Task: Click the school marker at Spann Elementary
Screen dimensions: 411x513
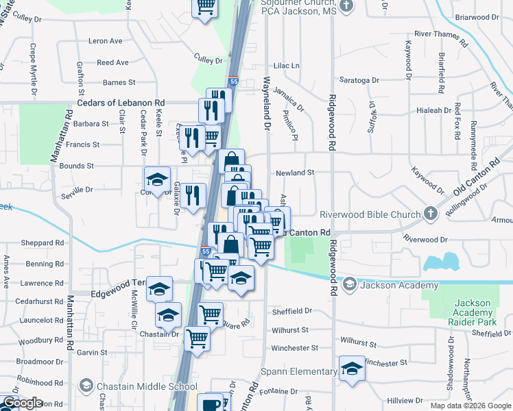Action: tap(352, 369)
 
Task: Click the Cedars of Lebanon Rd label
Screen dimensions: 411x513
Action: tap(121, 103)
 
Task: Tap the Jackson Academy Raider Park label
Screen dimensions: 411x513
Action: tap(472, 312)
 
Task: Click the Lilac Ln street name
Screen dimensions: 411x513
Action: tap(287, 66)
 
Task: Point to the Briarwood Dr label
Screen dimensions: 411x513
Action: tap(485, 16)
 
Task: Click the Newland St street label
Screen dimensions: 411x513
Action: tap(294, 173)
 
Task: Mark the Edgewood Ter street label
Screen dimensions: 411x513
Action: tap(118, 292)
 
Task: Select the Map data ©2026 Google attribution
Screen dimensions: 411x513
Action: tap(470, 406)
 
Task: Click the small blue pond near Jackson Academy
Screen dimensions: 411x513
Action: tap(442, 262)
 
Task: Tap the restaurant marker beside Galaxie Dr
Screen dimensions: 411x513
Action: tap(194, 194)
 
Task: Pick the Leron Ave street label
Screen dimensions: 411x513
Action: tap(105, 41)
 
